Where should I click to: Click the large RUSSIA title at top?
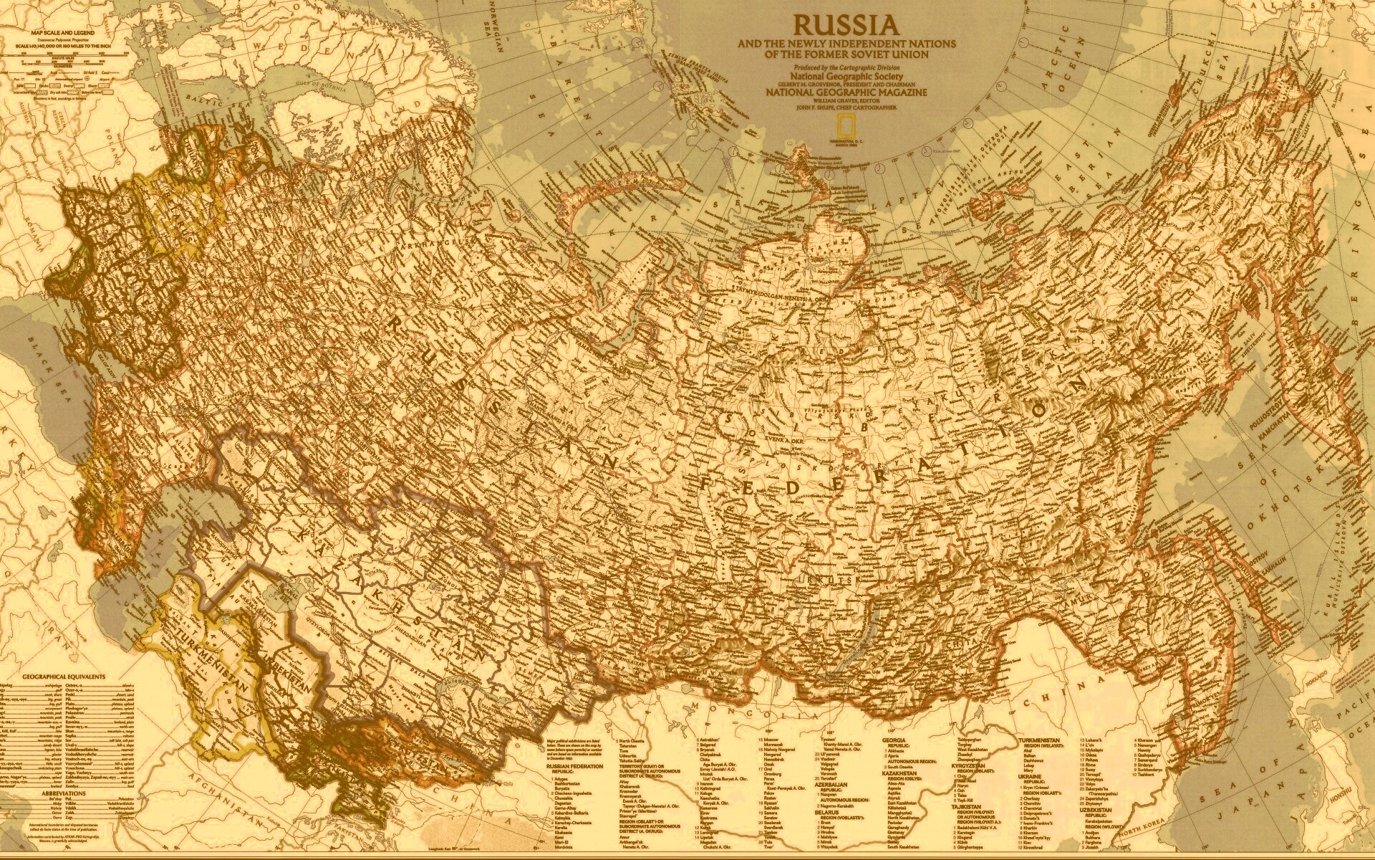(846, 25)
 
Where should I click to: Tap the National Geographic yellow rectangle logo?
(846, 146)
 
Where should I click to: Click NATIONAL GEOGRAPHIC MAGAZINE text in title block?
(846, 92)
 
